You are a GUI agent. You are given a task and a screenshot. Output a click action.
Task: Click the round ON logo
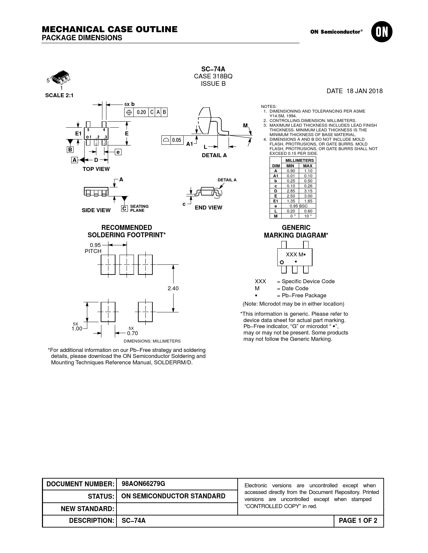tap(382, 32)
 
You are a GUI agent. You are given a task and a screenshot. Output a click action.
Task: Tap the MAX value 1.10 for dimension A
tap(308, 171)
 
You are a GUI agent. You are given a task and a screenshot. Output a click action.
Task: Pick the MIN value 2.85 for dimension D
tap(290, 191)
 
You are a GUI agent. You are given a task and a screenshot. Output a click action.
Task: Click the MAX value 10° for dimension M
tap(308, 216)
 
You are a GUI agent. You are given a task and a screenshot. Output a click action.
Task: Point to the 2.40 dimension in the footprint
tap(173, 288)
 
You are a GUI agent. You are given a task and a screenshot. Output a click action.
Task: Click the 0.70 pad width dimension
tap(132, 333)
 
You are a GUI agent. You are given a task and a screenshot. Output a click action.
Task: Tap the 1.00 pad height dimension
tap(77, 329)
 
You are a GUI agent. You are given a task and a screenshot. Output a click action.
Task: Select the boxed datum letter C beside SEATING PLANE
tap(124, 208)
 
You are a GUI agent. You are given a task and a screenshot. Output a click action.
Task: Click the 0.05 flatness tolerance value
tap(177, 140)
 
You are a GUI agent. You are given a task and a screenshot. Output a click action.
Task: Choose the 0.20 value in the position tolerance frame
tap(141, 112)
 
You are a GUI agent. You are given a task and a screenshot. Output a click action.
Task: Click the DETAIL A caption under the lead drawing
tap(214, 156)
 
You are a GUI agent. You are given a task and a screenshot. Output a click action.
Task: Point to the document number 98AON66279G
tap(143, 484)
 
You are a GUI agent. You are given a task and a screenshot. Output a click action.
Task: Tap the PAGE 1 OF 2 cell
tap(358, 521)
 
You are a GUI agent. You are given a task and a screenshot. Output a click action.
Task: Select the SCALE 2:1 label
tap(59, 96)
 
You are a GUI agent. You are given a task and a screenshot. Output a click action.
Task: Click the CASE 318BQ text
tap(213, 76)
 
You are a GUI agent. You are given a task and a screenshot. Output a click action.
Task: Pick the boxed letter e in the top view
tap(118, 152)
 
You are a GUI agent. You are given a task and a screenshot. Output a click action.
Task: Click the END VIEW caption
tap(208, 208)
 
